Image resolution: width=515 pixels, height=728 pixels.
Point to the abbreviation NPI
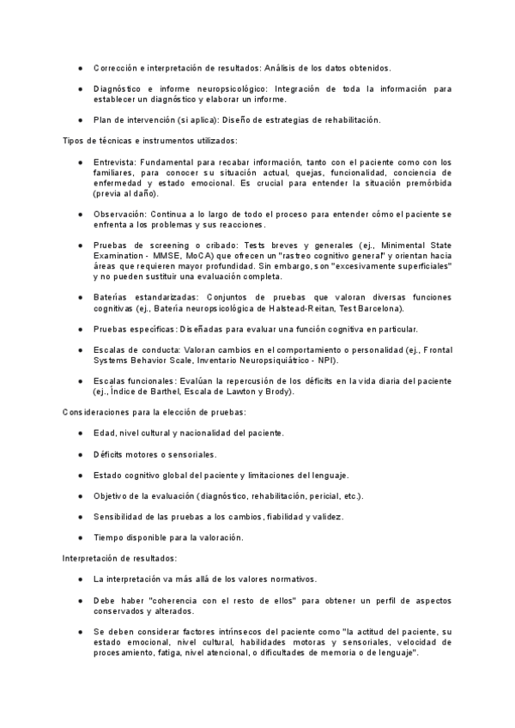click(324, 360)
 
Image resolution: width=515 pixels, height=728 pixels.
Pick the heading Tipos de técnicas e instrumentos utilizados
click(150, 140)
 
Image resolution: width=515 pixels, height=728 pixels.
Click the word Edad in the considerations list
click(105, 433)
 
